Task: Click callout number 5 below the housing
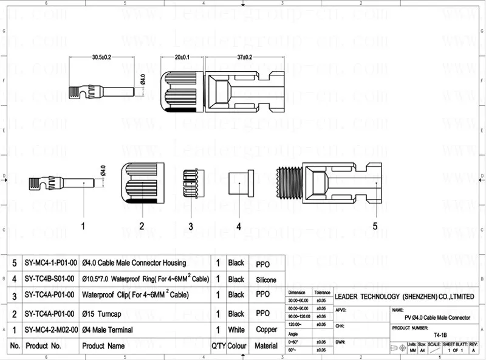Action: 375,226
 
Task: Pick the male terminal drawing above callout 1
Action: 61,182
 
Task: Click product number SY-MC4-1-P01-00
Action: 50,263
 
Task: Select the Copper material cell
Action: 266,330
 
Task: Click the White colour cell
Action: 236,330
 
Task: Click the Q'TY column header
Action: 218,346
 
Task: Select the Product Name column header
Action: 103,346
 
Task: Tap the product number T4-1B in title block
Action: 437,334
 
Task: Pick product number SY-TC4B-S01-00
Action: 50,280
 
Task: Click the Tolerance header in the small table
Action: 322,292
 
